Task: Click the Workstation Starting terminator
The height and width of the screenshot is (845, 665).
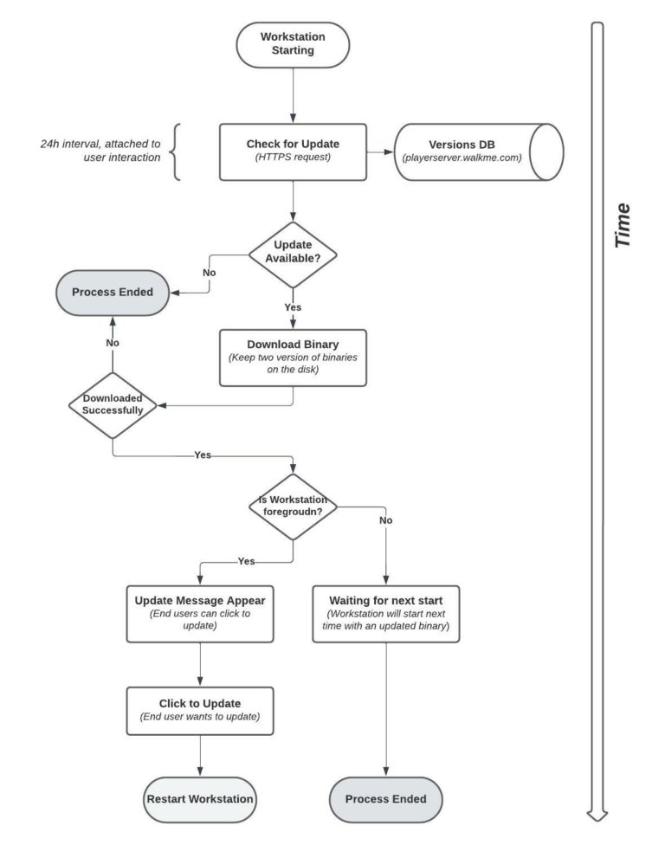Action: pos(293,45)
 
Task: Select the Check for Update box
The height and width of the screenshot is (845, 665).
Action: pos(293,151)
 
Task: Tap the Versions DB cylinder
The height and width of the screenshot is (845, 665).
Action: pos(479,151)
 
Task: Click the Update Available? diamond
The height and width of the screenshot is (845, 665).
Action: pos(293,255)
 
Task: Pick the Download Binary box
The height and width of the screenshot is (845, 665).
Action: pos(293,357)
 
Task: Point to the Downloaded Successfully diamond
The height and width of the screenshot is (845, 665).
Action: pos(113,404)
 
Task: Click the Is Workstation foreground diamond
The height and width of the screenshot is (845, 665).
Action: pos(293,506)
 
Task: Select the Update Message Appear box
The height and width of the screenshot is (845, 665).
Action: pos(200,614)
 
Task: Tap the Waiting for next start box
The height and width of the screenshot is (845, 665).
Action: pos(386,614)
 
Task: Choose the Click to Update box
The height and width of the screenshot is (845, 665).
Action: pos(200,710)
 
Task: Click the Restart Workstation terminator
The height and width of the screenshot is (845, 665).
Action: pos(200,798)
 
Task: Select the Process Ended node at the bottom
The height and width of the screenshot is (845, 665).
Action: pos(386,798)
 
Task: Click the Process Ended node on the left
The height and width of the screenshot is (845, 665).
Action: pos(113,292)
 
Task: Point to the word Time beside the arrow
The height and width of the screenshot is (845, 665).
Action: pos(622,227)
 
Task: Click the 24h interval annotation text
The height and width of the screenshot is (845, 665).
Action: pos(100,151)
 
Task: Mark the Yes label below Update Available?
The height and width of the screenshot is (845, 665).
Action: pos(293,306)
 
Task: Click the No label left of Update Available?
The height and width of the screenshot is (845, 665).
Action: pos(209,272)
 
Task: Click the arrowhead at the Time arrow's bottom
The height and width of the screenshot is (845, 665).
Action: pos(597,812)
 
